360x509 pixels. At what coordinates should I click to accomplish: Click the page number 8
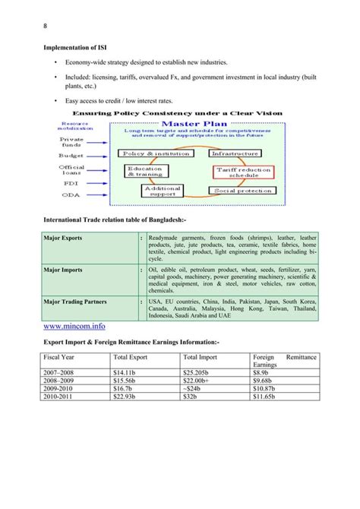(x=44, y=30)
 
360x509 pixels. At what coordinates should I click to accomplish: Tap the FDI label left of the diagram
(x=70, y=182)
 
